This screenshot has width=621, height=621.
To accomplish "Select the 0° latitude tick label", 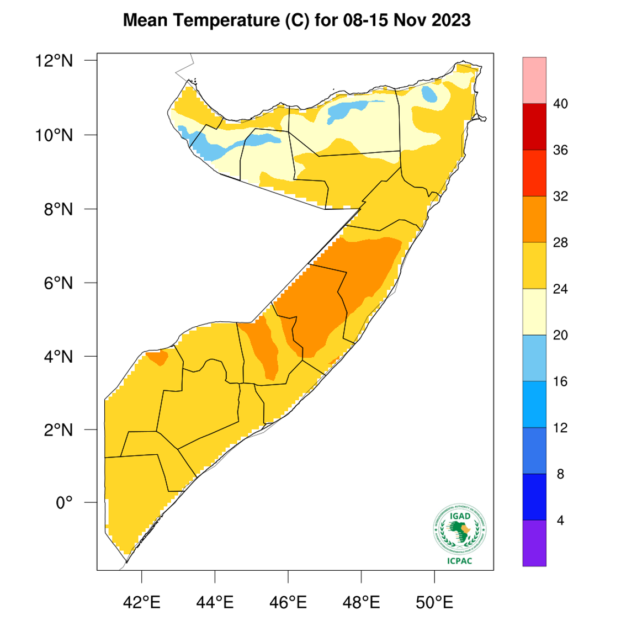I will click(x=64, y=503).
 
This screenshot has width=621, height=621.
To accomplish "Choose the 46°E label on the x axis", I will click(x=288, y=601).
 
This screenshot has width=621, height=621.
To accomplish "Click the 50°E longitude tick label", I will click(x=434, y=601).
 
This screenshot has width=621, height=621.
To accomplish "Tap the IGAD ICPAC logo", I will click(x=459, y=534).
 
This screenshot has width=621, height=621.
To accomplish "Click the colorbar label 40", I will click(x=560, y=104).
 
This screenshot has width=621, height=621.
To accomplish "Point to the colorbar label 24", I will click(x=560, y=289).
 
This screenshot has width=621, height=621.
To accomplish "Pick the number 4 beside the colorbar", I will click(x=560, y=520).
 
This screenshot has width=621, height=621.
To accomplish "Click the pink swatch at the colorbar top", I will click(x=534, y=80).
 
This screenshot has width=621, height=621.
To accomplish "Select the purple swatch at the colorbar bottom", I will click(x=534, y=543).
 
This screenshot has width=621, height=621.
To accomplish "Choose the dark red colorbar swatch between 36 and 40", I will click(x=534, y=127).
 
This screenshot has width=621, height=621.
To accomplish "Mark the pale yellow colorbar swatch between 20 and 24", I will click(x=534, y=312).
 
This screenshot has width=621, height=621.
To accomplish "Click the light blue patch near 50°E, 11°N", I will click(x=429, y=94).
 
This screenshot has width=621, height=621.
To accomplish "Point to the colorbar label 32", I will click(x=560, y=197).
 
